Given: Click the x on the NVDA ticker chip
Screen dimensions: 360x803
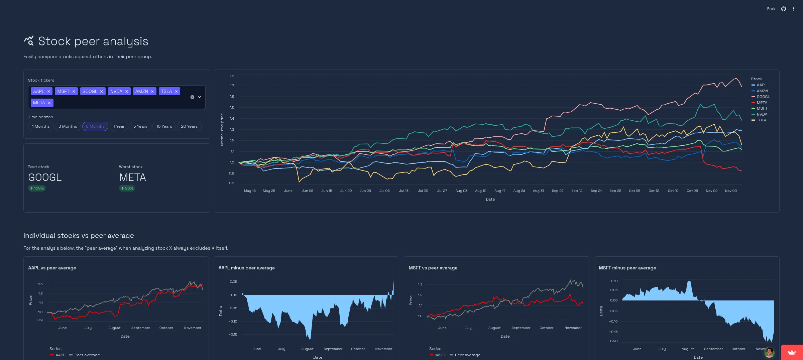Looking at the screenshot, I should click(126, 92).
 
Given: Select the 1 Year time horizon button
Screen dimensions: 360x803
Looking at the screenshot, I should click(119, 126).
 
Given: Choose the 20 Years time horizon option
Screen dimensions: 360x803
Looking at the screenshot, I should click(189, 126).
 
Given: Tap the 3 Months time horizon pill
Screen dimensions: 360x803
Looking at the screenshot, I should click(68, 126).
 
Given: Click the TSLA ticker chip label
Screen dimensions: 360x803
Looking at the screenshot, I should click(166, 92).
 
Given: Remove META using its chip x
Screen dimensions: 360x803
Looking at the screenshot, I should click(49, 103).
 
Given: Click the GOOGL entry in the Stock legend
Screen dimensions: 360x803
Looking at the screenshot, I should click(763, 97).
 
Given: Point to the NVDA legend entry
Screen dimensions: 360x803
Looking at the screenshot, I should click(762, 114).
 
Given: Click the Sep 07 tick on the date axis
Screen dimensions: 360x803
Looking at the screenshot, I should click(557, 191).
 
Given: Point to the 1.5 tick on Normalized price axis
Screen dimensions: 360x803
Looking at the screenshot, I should click(232, 108).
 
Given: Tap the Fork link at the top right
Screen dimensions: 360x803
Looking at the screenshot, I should click(771, 9).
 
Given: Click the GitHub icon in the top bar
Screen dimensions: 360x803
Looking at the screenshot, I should click(783, 9).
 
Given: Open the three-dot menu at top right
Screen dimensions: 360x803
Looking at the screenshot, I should click(793, 9).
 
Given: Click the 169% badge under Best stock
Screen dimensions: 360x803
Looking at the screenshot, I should click(37, 189).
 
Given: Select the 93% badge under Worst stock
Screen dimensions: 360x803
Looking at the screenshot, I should click(127, 189).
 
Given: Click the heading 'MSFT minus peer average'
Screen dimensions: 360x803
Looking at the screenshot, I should click(627, 268).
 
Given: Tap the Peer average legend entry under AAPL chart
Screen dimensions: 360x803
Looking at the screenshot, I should click(87, 355).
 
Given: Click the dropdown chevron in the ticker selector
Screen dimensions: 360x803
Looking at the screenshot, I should click(199, 97).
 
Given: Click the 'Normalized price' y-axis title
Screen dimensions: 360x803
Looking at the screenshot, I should click(222, 130).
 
